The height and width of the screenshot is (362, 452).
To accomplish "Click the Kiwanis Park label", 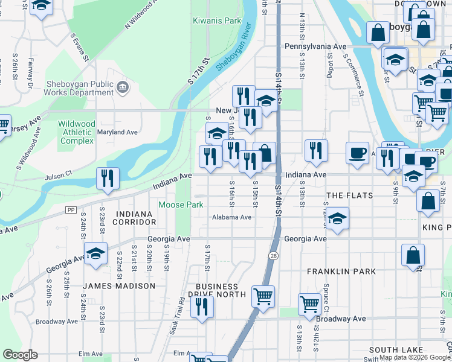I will pyautogui.click(x=217, y=21).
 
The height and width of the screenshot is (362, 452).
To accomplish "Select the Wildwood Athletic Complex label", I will pyautogui.click(x=76, y=132).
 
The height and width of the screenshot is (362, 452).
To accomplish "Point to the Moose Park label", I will pyautogui.click(x=181, y=205).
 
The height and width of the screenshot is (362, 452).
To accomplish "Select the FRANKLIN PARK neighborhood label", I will pyautogui.click(x=341, y=271).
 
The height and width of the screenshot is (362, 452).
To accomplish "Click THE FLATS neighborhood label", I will pyautogui.click(x=349, y=196).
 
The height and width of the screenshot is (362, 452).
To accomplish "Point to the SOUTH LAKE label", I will pyautogui.click(x=392, y=350).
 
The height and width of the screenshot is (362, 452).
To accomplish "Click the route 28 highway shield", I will pyautogui.click(x=274, y=257).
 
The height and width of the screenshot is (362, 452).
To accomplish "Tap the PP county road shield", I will pyautogui.click(x=71, y=209).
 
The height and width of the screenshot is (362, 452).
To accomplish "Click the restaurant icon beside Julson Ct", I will pyautogui.click(x=108, y=178).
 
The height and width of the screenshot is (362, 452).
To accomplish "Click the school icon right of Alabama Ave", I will pyautogui.click(x=338, y=218).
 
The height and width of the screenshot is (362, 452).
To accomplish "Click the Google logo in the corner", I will pyautogui.click(x=20, y=355).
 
